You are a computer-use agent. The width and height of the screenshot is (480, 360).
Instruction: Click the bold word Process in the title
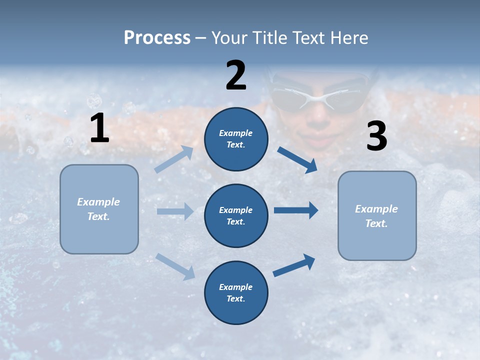click(157, 37)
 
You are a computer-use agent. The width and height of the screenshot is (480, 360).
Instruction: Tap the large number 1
click(99, 128)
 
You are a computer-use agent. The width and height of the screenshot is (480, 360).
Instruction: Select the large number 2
click(236, 75)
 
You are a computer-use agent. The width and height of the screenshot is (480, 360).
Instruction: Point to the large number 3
click(376, 136)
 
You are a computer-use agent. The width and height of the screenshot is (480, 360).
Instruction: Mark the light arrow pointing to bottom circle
click(175, 266)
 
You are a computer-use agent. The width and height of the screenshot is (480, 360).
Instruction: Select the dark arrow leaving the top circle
click(297, 159)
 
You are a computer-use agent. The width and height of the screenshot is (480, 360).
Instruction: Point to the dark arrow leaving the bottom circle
click(294, 265)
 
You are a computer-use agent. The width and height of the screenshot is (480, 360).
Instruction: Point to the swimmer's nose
click(316, 119)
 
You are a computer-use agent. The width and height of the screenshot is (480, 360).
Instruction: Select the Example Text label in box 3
click(376, 216)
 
